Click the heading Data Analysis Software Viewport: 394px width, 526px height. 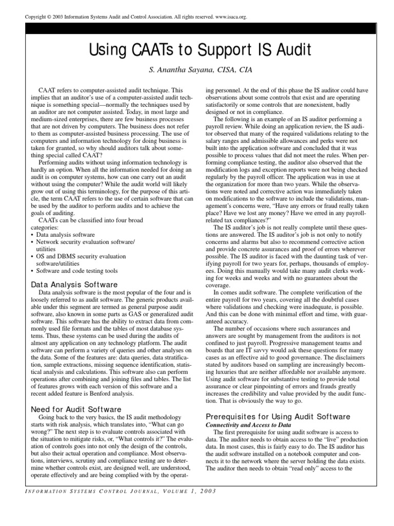coord(74,284)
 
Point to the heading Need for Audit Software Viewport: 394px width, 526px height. coord(76,409)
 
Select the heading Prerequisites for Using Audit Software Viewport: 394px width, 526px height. coord(278,416)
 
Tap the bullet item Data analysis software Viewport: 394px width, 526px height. coord(65,234)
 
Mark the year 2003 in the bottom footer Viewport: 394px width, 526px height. coord(205,491)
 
